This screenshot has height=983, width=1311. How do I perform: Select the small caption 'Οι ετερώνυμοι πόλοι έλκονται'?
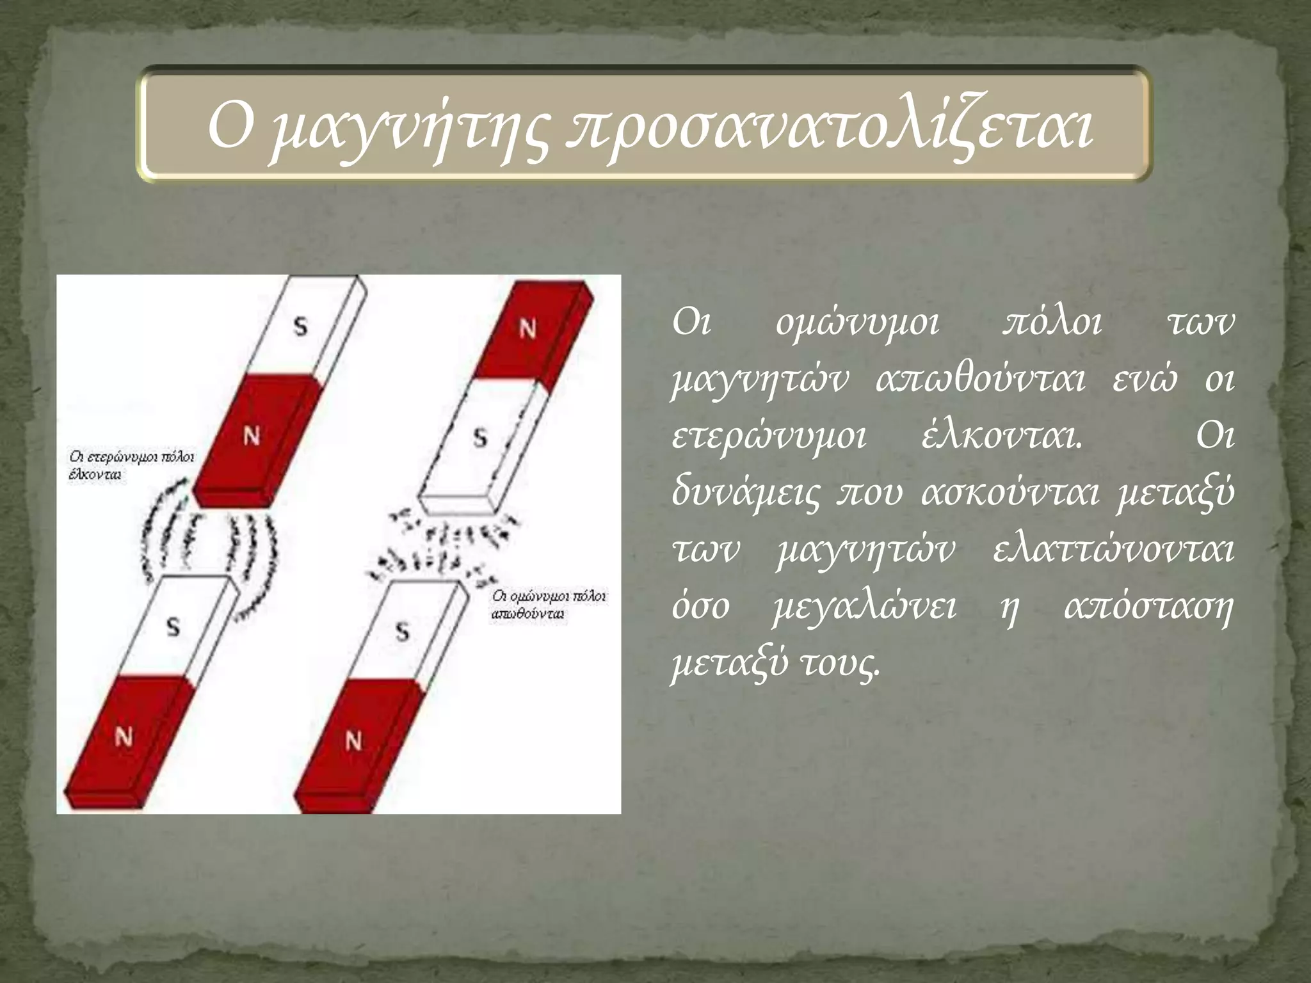click(x=131, y=466)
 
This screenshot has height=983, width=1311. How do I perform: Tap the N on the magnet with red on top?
click(x=527, y=329)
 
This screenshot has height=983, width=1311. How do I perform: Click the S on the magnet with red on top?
click(x=480, y=438)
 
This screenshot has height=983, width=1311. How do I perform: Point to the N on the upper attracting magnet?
click(x=252, y=436)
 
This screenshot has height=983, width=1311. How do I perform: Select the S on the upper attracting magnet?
click(x=300, y=326)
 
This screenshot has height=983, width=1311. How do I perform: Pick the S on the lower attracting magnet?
click(x=173, y=627)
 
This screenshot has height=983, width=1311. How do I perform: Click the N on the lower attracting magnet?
click(x=124, y=737)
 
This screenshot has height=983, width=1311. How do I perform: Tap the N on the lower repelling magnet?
click(x=353, y=741)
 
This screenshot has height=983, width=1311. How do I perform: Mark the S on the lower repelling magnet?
click(x=402, y=632)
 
